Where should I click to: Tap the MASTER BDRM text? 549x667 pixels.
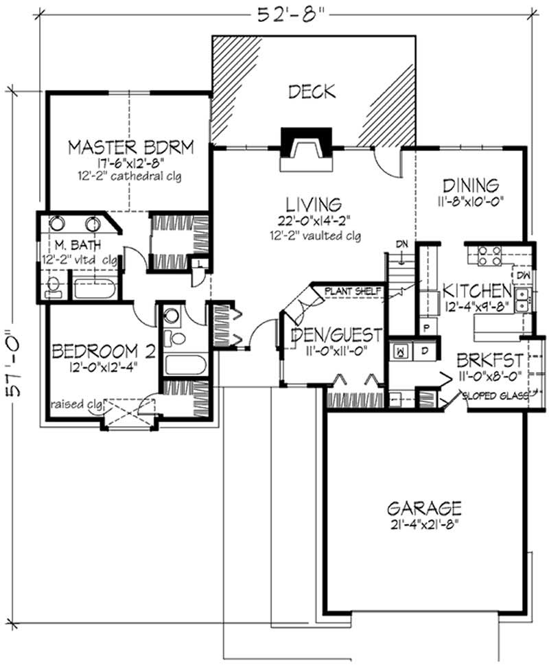[x=130, y=147]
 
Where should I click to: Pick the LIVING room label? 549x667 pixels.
[x=313, y=204]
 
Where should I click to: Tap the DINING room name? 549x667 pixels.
[x=469, y=185]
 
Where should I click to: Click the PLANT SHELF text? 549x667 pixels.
[x=353, y=291]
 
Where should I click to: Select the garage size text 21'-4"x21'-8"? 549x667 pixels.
[x=423, y=525]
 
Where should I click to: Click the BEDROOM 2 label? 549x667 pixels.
[x=104, y=351]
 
